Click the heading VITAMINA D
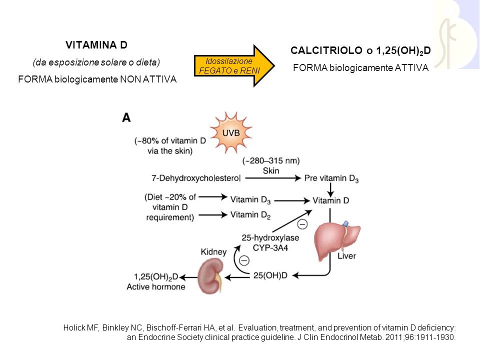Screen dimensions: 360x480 point(96,45)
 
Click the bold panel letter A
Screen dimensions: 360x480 point(127,117)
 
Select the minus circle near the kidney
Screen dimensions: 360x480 point(244,260)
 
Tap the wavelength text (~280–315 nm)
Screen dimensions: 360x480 point(271,161)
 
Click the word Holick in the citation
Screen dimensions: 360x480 point(74,328)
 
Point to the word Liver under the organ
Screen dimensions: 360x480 point(346,256)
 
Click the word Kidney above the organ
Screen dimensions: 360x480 point(213,252)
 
